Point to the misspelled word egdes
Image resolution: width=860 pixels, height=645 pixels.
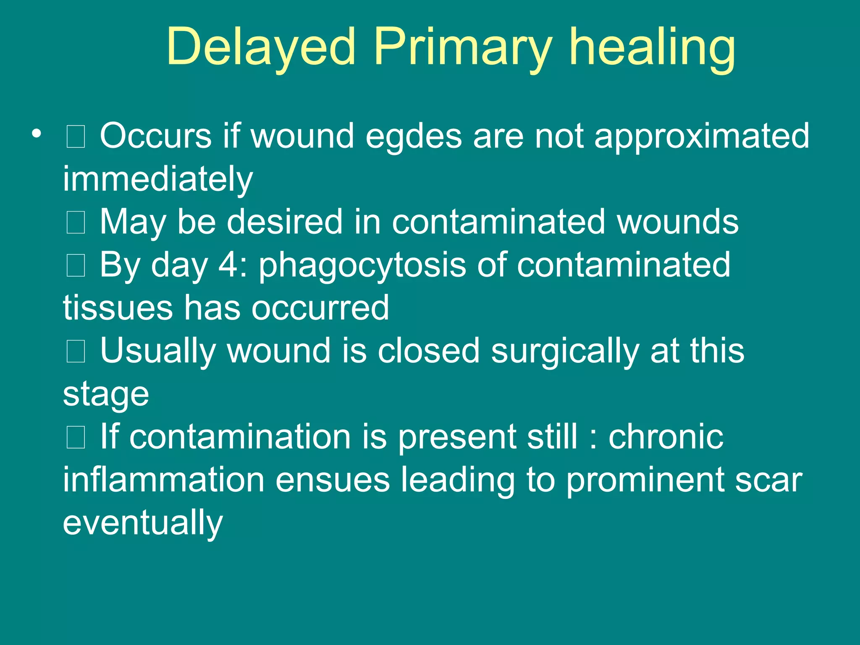point(413,136)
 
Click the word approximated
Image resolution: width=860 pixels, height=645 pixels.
point(702,136)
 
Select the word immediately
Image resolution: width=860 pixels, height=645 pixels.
point(158,179)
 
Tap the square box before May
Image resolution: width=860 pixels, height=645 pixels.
point(76,223)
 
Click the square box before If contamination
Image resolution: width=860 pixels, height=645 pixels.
point(76,437)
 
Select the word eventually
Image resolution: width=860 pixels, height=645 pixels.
point(143,523)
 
